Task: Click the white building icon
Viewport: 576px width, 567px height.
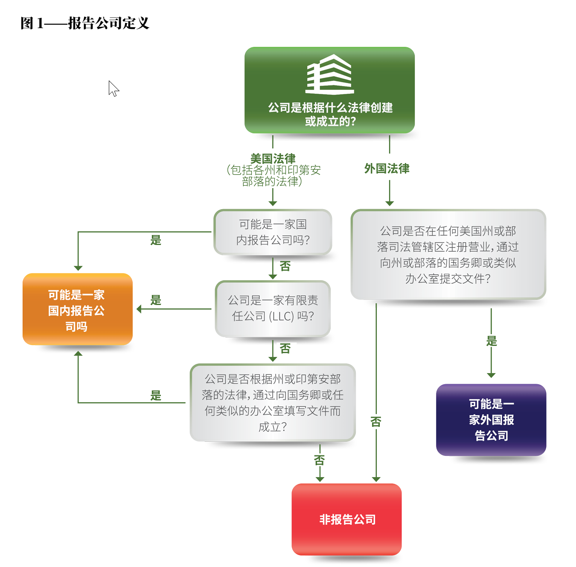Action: click(329, 74)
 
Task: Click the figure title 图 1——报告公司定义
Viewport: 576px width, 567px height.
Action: click(85, 23)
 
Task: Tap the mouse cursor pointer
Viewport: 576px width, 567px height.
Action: click(113, 89)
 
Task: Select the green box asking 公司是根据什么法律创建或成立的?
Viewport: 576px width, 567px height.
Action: click(329, 90)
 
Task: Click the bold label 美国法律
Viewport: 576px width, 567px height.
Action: click(273, 158)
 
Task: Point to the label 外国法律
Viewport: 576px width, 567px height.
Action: click(387, 169)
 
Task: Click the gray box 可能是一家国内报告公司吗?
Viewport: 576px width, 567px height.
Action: click(273, 232)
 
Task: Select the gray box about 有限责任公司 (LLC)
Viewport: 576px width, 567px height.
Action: click(273, 309)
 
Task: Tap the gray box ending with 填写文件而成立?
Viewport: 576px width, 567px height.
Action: click(273, 403)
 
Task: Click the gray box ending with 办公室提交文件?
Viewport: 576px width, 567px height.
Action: click(448, 255)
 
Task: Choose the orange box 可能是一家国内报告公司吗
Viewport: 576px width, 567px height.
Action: click(78, 309)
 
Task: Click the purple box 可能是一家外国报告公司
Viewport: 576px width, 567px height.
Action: click(491, 420)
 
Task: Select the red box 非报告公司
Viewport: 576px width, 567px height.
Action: click(347, 520)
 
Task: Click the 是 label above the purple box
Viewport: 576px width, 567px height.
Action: click(492, 341)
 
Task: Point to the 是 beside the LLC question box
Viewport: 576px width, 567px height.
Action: click(156, 300)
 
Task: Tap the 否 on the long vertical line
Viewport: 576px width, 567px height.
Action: click(376, 422)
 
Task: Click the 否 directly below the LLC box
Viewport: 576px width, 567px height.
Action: click(285, 348)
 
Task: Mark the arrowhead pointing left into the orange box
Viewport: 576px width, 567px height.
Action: click(139, 309)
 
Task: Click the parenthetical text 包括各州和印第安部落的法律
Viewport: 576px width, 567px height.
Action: click(273, 176)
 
